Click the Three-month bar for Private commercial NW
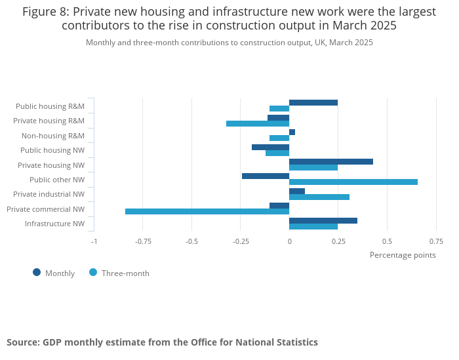click(x=207, y=211)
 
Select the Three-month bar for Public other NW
click(x=353, y=182)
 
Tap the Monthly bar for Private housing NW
click(x=331, y=161)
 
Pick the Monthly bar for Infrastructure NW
click(x=323, y=220)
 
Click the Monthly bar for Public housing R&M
click(x=313, y=102)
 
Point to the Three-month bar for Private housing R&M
click(x=258, y=123)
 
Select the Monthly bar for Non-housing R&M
click(x=292, y=132)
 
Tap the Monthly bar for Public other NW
click(x=266, y=176)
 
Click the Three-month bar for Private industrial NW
click(x=319, y=197)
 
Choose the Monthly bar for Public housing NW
click(x=271, y=147)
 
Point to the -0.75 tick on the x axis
click(x=143, y=241)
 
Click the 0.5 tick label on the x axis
click(x=387, y=241)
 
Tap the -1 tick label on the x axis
click(x=94, y=241)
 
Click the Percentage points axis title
click(x=403, y=255)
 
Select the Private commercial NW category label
click(x=46, y=209)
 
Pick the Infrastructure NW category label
click(x=55, y=224)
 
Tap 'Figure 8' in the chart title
click(x=45, y=12)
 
